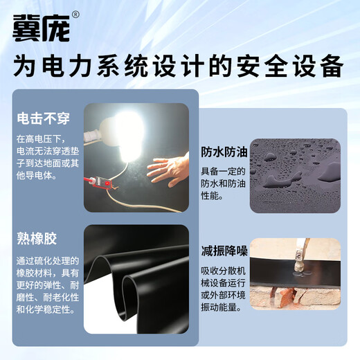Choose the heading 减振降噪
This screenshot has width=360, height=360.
(x=224, y=251)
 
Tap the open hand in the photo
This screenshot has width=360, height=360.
(x=169, y=168)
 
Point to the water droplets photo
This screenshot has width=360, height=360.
(x=294, y=172)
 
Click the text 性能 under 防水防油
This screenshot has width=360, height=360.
(x=214, y=197)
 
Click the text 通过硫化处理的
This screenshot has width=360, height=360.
(x=46, y=261)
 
